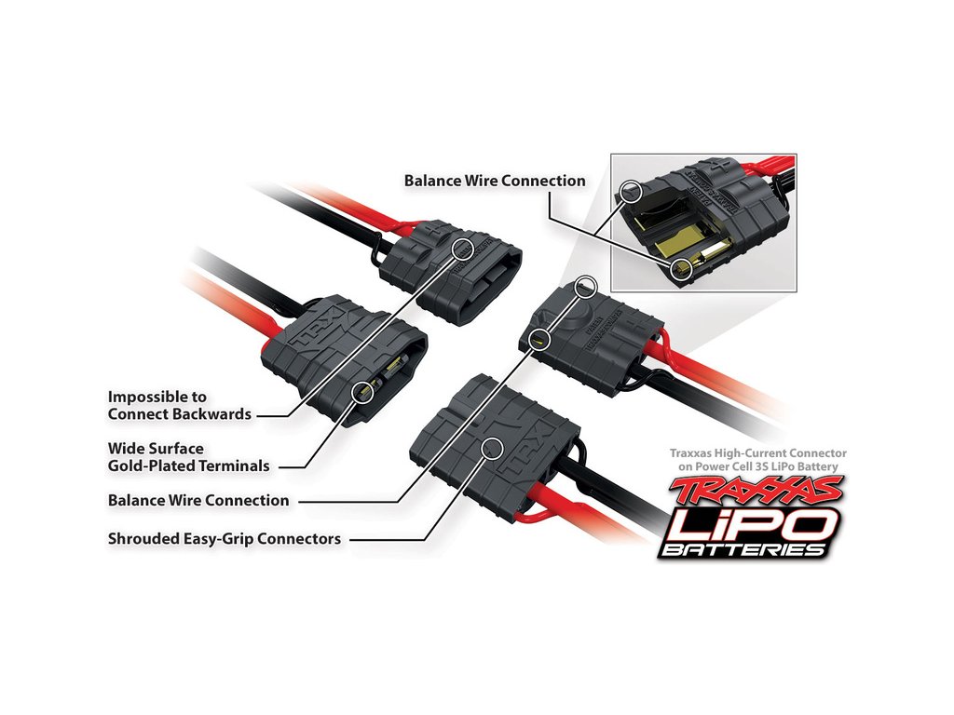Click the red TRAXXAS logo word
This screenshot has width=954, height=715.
[756, 492]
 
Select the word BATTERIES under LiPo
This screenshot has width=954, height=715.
[743, 550]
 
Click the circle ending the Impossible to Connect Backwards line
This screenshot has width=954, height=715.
[463, 247]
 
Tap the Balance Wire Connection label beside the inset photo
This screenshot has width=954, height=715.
[495, 181]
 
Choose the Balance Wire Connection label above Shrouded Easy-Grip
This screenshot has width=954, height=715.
[198, 500]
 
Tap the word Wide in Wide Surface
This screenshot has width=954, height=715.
[125, 448]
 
